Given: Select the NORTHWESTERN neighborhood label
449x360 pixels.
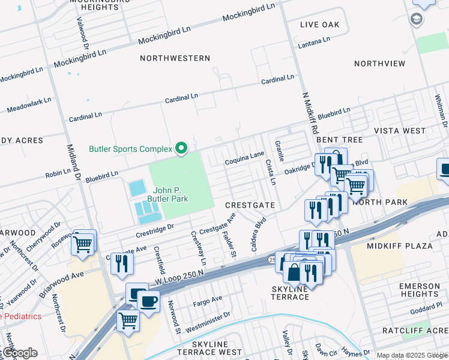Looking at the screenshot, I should point(175,58).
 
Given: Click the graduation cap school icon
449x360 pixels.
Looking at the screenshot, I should point(415,19).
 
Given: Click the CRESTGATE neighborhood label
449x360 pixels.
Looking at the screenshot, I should point(250,205).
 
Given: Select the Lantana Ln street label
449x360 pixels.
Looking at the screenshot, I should point(315,41).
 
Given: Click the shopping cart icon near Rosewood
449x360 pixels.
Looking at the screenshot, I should point(82,243).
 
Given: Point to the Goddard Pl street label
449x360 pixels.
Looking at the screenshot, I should point(426,311).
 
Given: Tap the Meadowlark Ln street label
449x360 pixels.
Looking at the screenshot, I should point(26,106).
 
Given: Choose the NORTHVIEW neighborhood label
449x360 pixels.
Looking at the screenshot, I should point(379,64).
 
